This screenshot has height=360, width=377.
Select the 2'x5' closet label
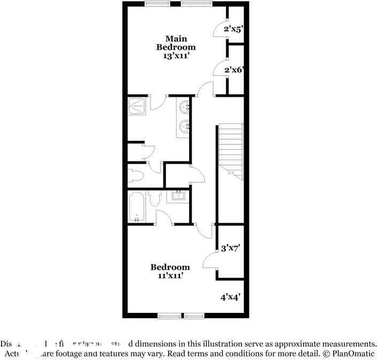(234, 29)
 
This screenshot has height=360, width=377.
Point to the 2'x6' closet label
(234, 70)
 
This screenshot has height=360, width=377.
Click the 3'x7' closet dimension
(230, 248)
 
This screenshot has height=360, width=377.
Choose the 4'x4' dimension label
(230, 296)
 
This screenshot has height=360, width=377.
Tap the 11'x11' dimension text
(170, 276)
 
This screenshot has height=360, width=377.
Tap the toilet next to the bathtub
(155, 200)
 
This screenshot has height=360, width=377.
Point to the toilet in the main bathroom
(135, 175)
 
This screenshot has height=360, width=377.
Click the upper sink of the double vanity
(185, 108)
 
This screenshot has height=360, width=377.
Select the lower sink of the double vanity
(185, 127)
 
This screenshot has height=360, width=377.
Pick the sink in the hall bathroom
(177, 197)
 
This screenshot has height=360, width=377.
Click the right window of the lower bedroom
(195, 316)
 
